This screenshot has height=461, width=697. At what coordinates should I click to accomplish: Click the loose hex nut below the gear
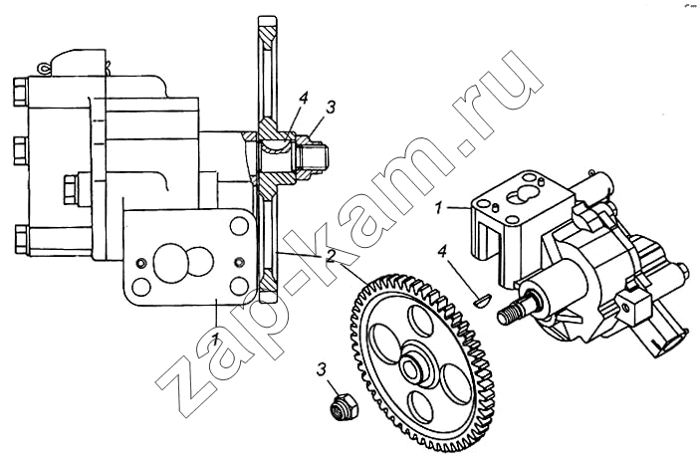(344, 407)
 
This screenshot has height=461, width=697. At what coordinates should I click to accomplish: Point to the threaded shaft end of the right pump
(510, 312)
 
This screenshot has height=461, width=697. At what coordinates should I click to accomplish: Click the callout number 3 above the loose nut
(322, 369)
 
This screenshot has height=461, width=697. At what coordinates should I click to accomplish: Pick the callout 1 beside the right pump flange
(439, 207)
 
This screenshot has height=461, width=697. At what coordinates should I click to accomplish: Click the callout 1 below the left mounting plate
(214, 340)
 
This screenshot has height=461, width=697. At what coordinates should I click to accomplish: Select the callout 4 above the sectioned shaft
(303, 99)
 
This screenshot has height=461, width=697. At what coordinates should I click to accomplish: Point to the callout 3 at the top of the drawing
(331, 108)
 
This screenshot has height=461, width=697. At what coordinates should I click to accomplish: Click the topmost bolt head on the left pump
(21, 93)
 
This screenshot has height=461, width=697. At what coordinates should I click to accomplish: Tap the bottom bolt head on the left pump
(21, 240)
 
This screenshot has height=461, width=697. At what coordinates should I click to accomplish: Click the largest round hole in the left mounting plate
(170, 264)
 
